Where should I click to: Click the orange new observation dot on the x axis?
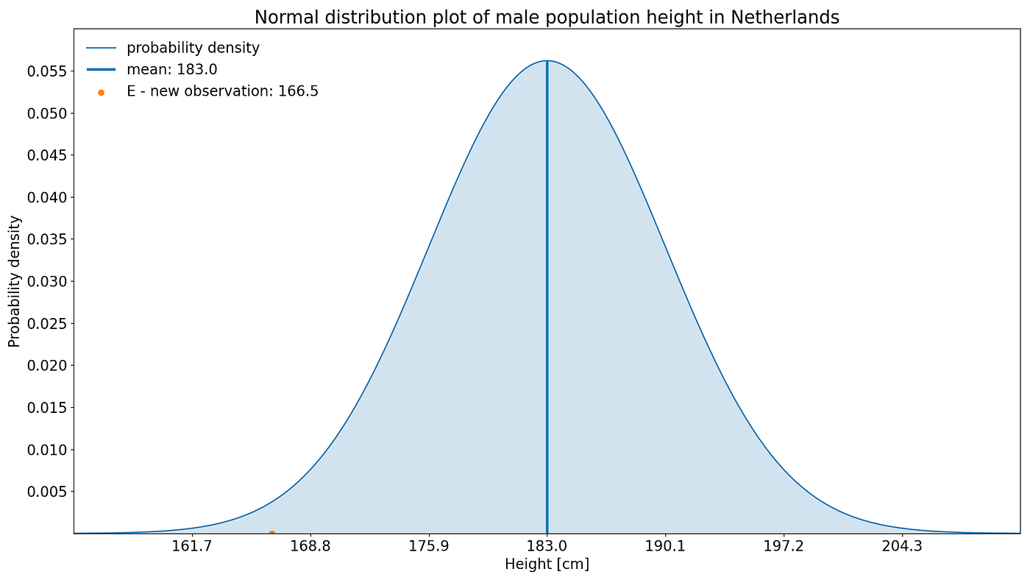click(x=271, y=533)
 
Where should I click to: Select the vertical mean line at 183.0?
click(x=547, y=294)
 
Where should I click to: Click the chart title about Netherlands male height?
click(x=547, y=17)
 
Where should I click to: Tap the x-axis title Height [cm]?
click(x=547, y=565)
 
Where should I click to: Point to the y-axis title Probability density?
click(x=15, y=281)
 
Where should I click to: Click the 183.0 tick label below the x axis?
click(x=547, y=547)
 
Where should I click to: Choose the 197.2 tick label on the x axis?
click(x=784, y=547)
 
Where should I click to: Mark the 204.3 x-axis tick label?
click(x=901, y=547)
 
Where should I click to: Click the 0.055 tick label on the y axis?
click(x=47, y=71)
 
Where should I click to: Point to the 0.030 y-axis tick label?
click(x=47, y=281)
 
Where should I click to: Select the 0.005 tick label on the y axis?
click(x=47, y=491)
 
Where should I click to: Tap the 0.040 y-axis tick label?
click(x=47, y=197)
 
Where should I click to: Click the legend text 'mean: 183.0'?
click(x=171, y=69)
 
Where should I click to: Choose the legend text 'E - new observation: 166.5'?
click(x=222, y=91)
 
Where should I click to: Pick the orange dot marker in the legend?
click(x=101, y=92)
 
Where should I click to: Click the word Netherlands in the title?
click(x=784, y=17)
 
